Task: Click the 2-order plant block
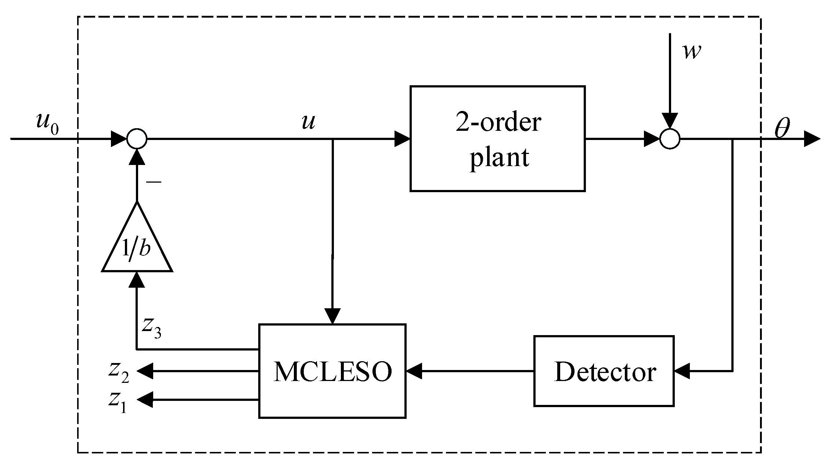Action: point(497,139)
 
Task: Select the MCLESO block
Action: point(332,371)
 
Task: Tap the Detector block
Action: point(604,371)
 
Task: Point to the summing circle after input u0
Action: point(137,139)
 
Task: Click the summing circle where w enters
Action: point(670,139)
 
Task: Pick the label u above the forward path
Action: point(308,122)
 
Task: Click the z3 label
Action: point(152,327)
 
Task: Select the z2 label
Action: point(118,372)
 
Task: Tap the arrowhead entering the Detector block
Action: point(682,371)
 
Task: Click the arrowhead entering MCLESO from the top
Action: point(332,316)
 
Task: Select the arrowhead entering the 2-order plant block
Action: point(402,139)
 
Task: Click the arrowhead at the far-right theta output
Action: point(812,139)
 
